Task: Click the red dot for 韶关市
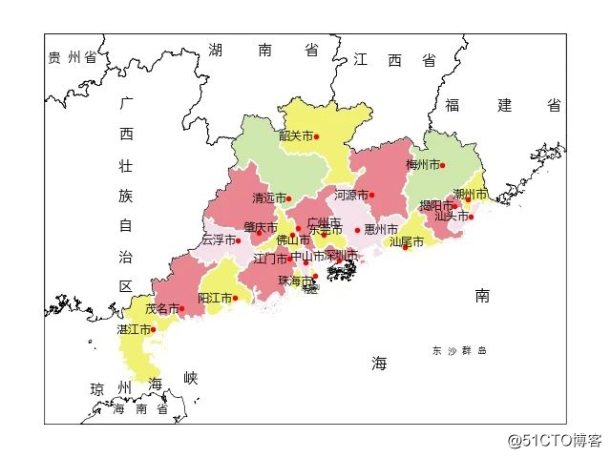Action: point(316,136)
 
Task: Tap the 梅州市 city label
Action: point(422,165)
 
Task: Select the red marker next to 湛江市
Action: point(153,330)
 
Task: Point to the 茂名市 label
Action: point(161,309)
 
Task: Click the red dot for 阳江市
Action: point(235,299)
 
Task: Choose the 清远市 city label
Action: point(269,199)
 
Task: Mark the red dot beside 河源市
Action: point(371,196)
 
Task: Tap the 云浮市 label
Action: point(218,240)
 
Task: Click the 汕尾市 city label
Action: point(406,242)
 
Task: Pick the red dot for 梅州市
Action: point(442,165)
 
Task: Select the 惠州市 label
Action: point(380,230)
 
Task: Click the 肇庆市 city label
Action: point(260,228)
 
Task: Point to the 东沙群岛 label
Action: point(459,351)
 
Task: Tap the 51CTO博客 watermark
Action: point(555,440)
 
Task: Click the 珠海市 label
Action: point(295,281)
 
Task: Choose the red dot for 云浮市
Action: point(238,240)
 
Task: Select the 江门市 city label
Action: point(270,259)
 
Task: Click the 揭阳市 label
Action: point(435,206)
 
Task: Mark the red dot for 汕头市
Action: point(471,217)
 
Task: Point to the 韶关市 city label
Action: point(296,136)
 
